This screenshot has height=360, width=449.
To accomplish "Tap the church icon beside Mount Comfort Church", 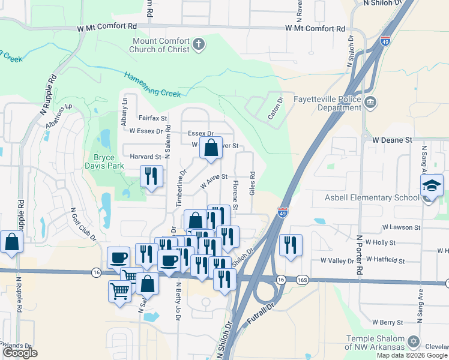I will [x=199, y=44].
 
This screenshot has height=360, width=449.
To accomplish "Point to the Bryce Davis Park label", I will [x=104, y=161].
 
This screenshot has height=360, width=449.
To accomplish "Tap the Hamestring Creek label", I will [x=152, y=85].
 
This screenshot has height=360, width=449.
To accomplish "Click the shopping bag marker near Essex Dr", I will [x=211, y=148].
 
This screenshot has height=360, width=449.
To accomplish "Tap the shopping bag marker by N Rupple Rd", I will [x=11, y=242].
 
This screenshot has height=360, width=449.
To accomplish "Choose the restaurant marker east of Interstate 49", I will [x=291, y=244].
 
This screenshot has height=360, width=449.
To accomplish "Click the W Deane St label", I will [x=393, y=139].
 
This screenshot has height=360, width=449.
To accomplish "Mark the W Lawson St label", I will [x=402, y=228].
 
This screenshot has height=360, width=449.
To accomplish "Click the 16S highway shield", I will [x=303, y=280].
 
